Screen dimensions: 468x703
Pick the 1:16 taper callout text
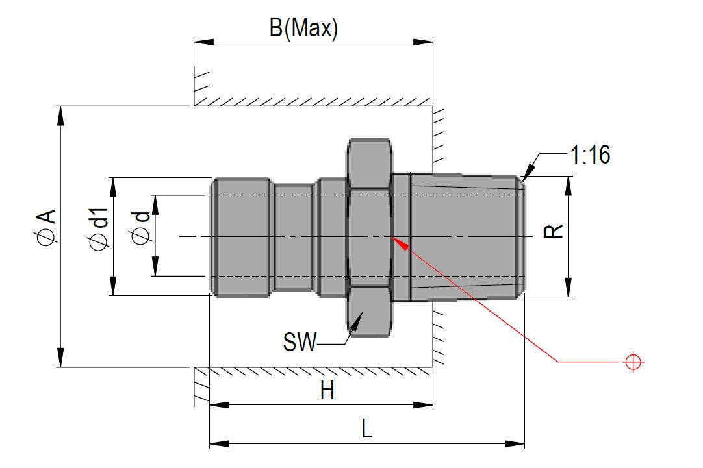click(x=590, y=155)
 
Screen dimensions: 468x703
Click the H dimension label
click(x=327, y=391)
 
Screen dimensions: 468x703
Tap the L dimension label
click(x=367, y=430)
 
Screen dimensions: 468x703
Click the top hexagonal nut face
click(x=369, y=162)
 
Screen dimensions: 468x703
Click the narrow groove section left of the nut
click(x=293, y=237)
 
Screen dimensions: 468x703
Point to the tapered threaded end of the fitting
click(x=468, y=237)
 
